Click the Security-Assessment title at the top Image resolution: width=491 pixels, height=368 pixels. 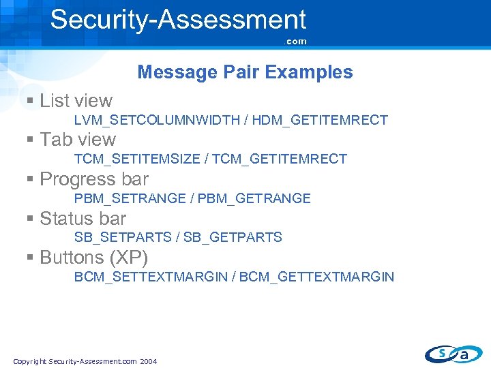178,19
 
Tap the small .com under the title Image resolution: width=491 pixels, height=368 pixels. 296,42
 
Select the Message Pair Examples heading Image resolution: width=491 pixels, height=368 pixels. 245,72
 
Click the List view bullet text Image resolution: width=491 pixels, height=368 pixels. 76,101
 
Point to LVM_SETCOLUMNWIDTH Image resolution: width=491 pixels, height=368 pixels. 157,121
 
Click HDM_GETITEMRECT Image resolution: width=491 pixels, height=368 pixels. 320,121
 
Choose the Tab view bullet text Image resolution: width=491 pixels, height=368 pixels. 78,140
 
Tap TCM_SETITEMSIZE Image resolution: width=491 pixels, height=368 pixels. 137,159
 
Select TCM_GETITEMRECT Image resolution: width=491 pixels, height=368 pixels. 280,159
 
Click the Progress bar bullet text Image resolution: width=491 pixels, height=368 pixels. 94,179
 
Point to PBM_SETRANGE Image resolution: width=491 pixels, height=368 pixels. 130,199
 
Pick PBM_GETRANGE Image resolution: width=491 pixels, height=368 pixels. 254,199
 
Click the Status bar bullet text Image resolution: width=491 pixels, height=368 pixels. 83,219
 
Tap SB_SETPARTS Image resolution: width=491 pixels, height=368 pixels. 123,238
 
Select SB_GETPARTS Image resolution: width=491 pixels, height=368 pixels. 233,238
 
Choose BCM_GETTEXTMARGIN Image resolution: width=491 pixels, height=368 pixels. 316,277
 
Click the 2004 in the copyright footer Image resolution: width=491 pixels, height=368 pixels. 148,361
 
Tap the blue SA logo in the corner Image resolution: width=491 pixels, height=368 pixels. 453,354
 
